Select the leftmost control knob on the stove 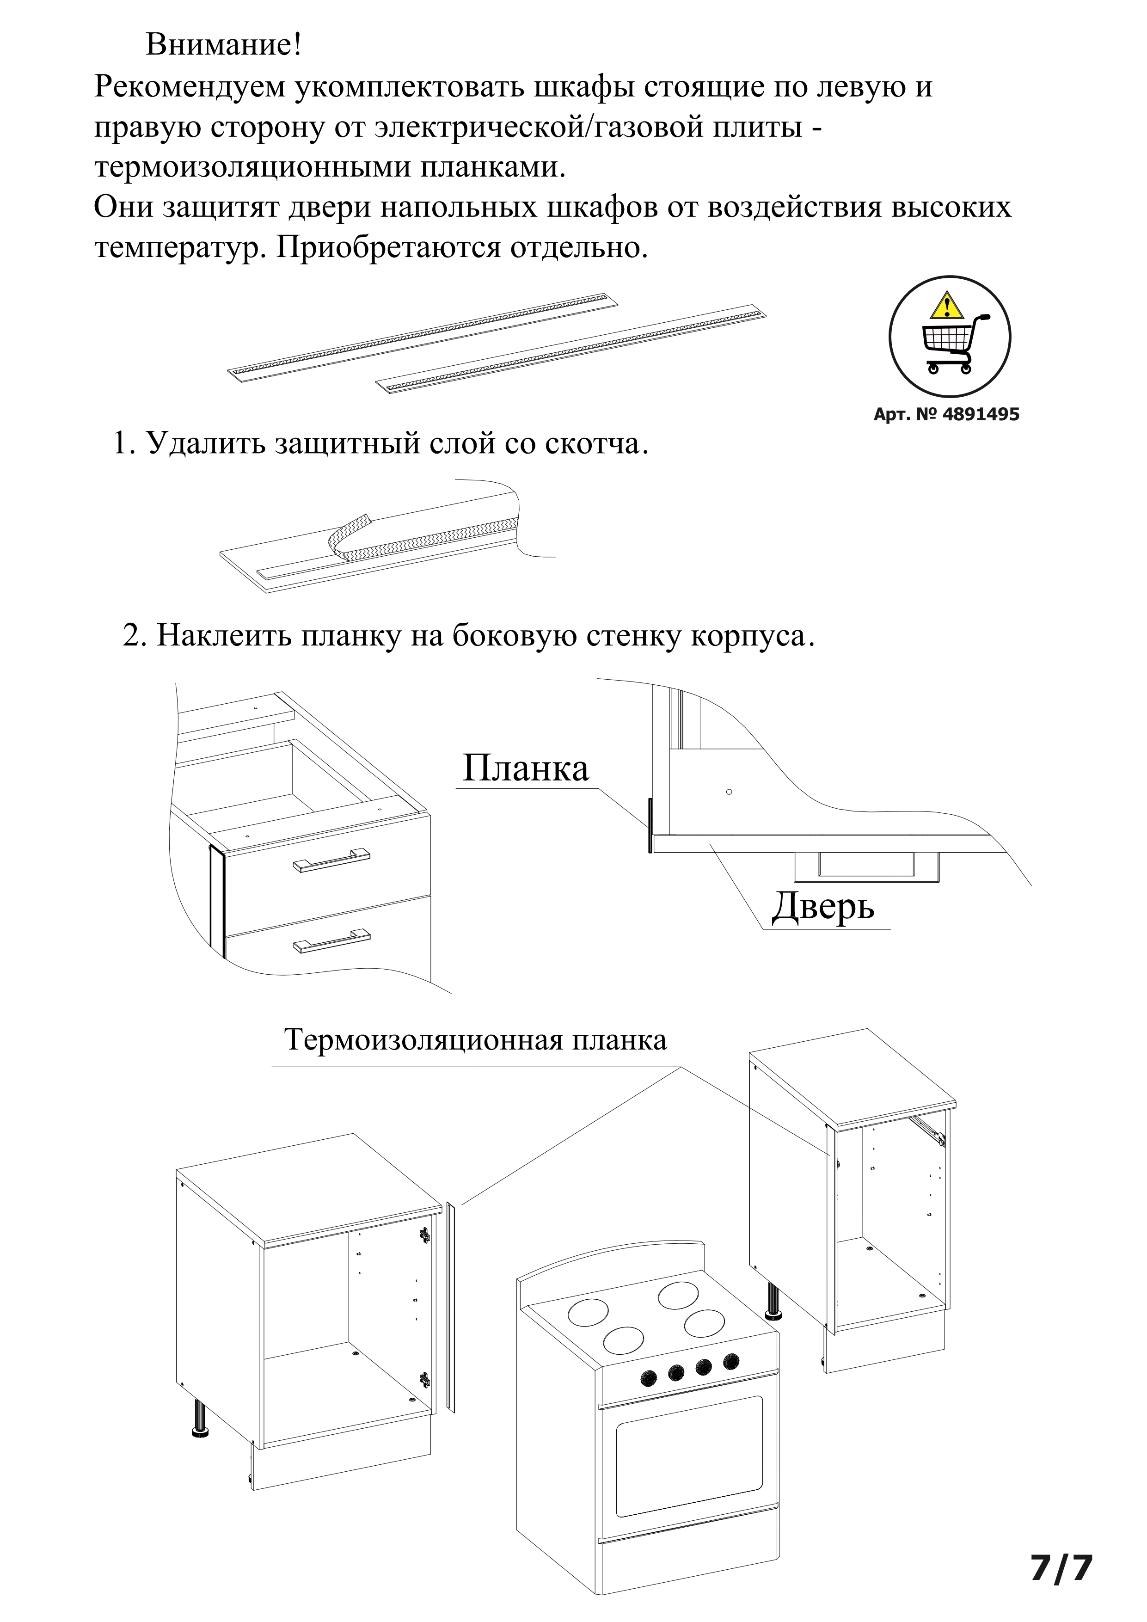648,1377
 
